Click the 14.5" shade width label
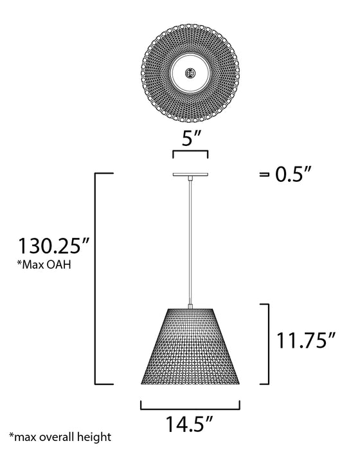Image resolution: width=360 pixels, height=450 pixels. [x=190, y=425]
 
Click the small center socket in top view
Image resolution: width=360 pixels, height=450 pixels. [x=190, y=73]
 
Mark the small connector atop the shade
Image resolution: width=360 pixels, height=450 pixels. [x=190, y=306]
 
